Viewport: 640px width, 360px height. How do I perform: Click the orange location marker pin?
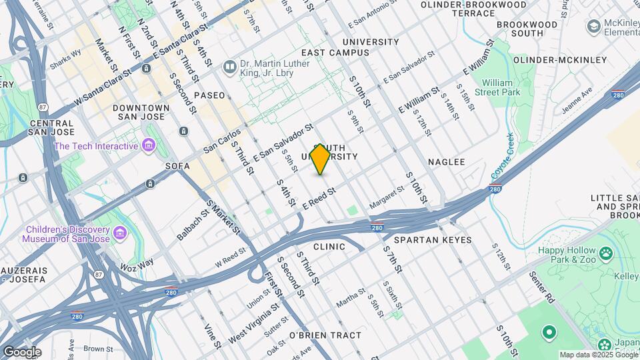tap(321, 159)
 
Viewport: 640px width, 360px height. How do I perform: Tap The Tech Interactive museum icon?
tap(149, 145)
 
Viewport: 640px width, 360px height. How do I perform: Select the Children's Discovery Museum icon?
tap(120, 233)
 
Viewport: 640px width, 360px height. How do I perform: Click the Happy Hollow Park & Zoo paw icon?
tap(605, 253)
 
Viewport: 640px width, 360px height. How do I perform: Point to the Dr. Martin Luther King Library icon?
tap(230, 67)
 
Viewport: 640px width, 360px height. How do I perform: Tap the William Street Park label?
tap(501, 88)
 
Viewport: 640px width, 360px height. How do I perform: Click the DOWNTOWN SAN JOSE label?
tap(141, 112)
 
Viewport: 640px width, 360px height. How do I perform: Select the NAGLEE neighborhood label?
tap(446, 162)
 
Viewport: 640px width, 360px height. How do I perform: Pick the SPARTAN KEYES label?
tap(433, 240)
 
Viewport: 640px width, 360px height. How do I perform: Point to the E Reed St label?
tap(318, 198)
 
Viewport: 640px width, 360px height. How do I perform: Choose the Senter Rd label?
tap(543, 287)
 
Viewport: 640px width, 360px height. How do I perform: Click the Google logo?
tap(22, 352)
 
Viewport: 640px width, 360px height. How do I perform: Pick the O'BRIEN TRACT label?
tap(325, 335)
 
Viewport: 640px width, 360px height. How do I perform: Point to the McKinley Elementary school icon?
tap(593, 26)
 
